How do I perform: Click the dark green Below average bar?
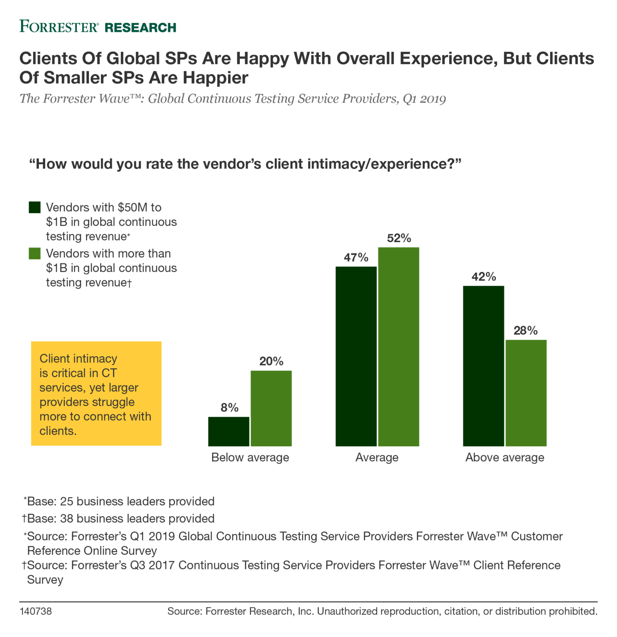(x=229, y=431)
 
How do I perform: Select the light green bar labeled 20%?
(x=271, y=408)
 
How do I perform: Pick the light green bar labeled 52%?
(x=398, y=346)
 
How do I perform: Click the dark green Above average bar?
(x=483, y=366)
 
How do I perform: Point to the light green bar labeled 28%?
(x=526, y=393)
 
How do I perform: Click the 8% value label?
(x=229, y=408)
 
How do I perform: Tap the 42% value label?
(x=483, y=277)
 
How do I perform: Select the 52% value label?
(x=399, y=238)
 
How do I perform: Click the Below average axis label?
(x=250, y=457)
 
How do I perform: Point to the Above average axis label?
(x=505, y=457)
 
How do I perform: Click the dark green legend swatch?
(x=35, y=207)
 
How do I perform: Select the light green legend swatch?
(x=35, y=253)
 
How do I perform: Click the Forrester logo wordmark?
(x=59, y=27)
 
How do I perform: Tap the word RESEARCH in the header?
(x=140, y=28)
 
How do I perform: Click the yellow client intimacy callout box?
(x=96, y=393)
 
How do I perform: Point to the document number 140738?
(x=36, y=611)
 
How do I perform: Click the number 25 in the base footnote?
(x=66, y=501)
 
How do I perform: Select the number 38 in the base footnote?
(x=66, y=518)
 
